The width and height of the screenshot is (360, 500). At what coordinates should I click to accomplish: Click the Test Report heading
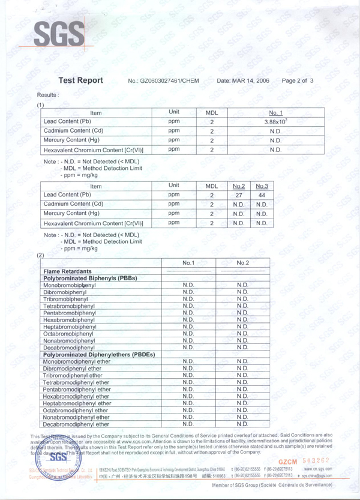(x=81, y=80)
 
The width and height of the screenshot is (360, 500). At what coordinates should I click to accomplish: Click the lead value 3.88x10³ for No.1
(x=275, y=122)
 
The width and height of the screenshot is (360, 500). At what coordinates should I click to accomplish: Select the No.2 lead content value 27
(x=238, y=195)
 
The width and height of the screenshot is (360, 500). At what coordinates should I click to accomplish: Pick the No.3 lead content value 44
(x=261, y=195)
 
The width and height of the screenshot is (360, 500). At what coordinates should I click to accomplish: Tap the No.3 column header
(x=261, y=186)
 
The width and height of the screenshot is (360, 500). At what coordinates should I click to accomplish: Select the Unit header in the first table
(x=174, y=112)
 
